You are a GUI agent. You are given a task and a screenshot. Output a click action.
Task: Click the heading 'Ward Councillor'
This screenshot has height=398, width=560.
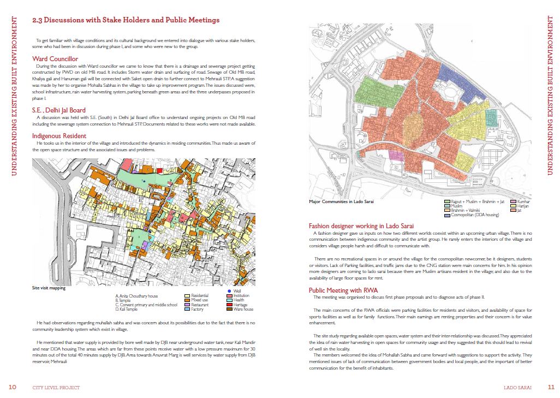pos(55,58)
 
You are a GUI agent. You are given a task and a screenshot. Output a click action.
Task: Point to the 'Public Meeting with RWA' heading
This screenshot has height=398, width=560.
pos(343,290)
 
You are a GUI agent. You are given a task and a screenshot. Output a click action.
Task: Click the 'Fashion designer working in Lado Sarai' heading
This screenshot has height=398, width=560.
pos(361,226)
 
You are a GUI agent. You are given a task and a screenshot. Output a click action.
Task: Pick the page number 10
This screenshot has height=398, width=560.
pos(13,387)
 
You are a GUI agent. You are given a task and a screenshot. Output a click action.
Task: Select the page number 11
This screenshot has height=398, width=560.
pos(550,387)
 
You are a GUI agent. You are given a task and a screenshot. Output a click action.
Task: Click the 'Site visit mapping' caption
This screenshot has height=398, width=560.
pos(48,287)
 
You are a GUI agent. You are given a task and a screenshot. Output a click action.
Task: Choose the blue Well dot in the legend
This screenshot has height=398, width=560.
pos(229,292)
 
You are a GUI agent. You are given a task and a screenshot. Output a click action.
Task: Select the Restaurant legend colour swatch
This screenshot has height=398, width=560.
pos(187,305)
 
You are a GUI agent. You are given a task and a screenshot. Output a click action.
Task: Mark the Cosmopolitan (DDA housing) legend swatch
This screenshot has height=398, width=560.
pos(448,215)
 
